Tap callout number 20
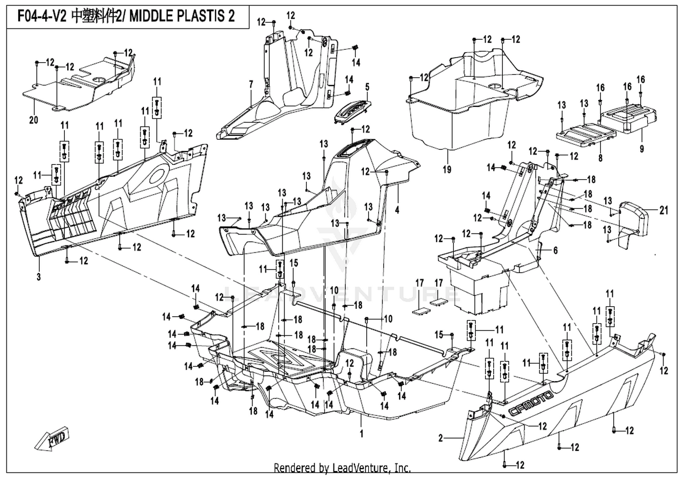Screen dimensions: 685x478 (34, 120)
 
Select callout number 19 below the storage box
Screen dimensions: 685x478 (447, 169)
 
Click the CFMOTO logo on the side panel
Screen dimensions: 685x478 (531, 404)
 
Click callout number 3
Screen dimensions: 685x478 (38, 277)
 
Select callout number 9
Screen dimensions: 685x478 (642, 149)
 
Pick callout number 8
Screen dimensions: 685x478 (601, 158)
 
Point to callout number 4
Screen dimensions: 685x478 (397, 210)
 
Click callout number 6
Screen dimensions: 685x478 (555, 250)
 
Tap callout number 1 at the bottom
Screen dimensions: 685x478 (362, 434)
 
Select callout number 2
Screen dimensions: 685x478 (440, 438)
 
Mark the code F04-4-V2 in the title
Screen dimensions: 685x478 (42, 16)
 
